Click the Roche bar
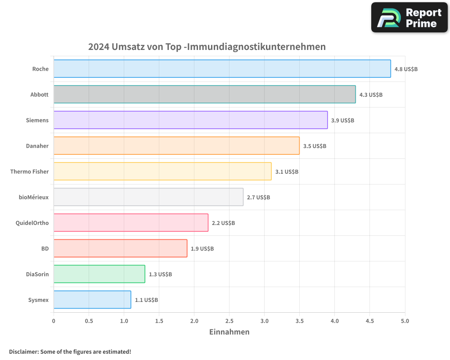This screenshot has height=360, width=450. (222, 69)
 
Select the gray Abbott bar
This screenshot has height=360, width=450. (204, 94)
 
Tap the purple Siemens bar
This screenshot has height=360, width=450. (190, 120)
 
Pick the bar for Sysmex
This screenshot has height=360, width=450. (92, 300)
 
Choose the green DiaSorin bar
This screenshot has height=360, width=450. (99, 274)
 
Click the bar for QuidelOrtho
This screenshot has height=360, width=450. (131, 223)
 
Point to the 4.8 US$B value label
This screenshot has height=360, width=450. (406, 69)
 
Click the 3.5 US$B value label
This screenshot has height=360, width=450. (315, 146)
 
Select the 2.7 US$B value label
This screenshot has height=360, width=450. (258, 198)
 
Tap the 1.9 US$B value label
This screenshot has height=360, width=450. (202, 249)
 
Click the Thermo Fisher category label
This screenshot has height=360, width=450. (29, 171)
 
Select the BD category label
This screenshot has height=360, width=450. (45, 248)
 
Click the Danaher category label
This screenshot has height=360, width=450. (37, 146)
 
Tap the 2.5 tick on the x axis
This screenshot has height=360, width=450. (229, 321)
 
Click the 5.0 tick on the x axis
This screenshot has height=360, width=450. (405, 321)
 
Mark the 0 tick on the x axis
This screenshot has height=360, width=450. (54, 321)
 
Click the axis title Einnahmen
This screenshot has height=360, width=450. (229, 332)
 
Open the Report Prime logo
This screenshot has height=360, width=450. (409, 18)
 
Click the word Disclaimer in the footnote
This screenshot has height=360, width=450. (23, 351)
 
